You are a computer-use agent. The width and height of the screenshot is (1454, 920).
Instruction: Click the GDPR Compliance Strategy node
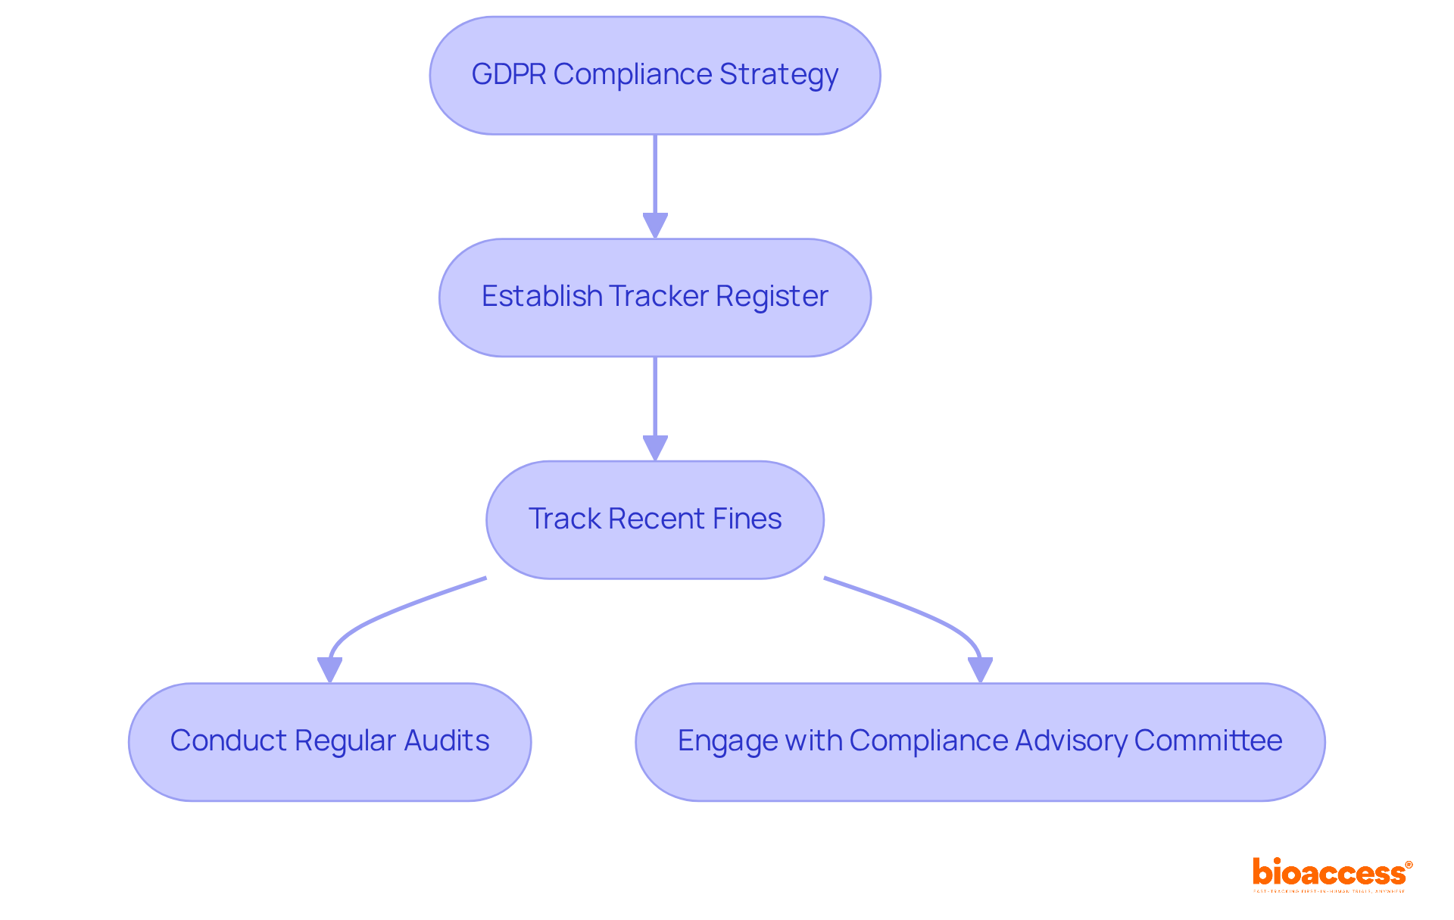[x=655, y=76]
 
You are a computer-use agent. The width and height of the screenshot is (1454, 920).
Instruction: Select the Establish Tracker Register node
[x=655, y=298]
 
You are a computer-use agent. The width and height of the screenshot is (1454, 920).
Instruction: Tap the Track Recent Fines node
[x=655, y=519]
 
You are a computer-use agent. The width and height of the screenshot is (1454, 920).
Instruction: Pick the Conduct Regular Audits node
[x=329, y=741]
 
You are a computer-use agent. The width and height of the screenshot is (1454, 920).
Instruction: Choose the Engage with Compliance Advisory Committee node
[x=980, y=741]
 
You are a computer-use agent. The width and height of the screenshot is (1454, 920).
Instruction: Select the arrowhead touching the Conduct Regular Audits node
[x=329, y=670]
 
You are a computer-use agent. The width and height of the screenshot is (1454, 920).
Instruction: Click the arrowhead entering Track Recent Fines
[x=655, y=448]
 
